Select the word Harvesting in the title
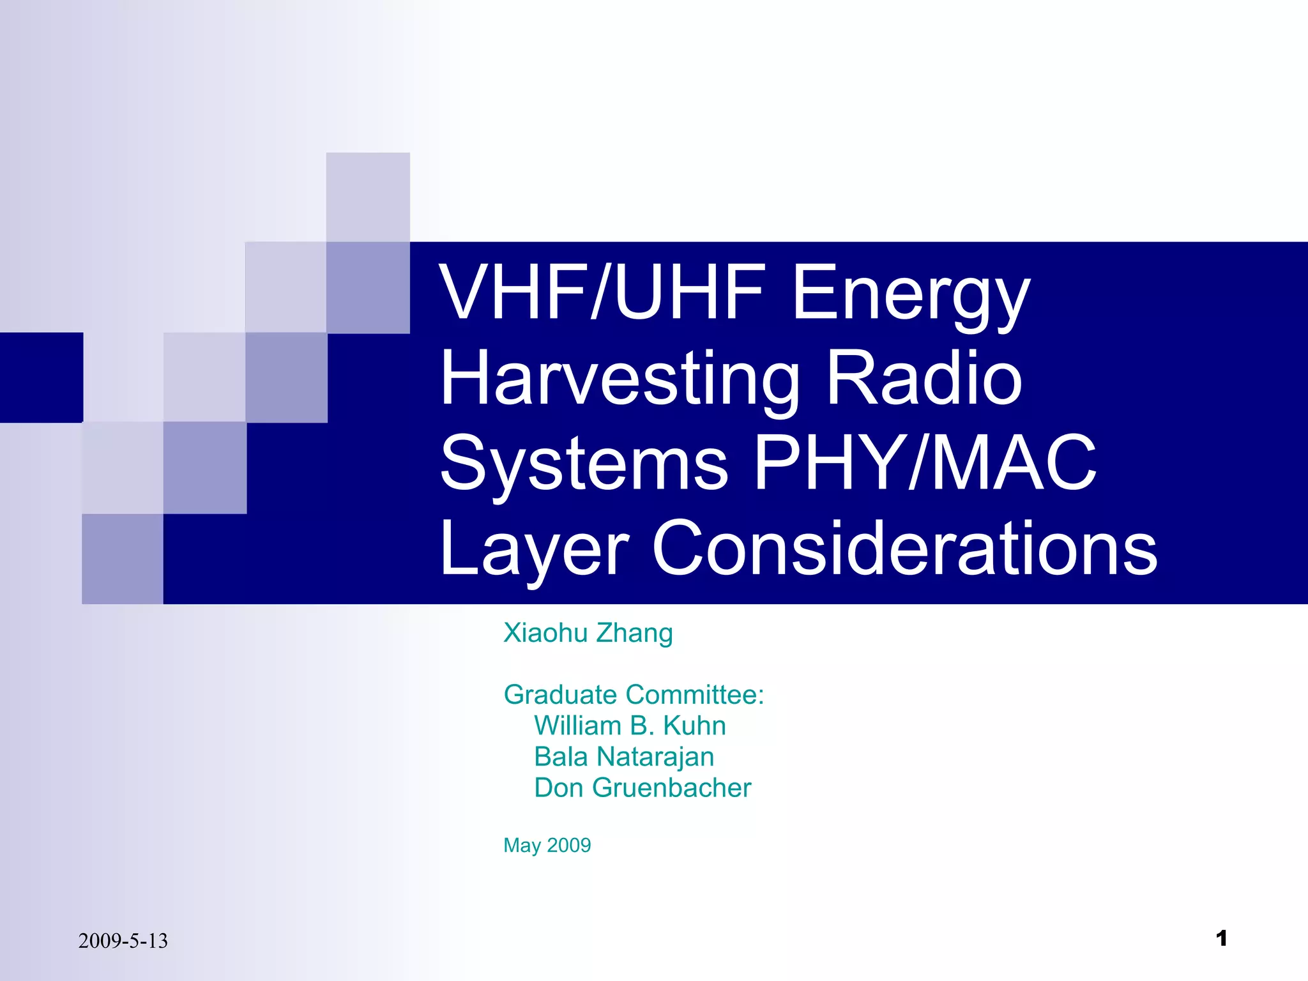620,379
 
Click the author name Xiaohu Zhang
588,633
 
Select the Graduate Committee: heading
634,695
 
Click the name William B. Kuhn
630,726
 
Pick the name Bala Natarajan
624,757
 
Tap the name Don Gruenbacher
643,787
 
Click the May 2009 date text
547,845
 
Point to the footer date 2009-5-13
123,941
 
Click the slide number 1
1221,938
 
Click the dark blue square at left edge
41,377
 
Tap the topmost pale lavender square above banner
368,197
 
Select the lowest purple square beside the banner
123,559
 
